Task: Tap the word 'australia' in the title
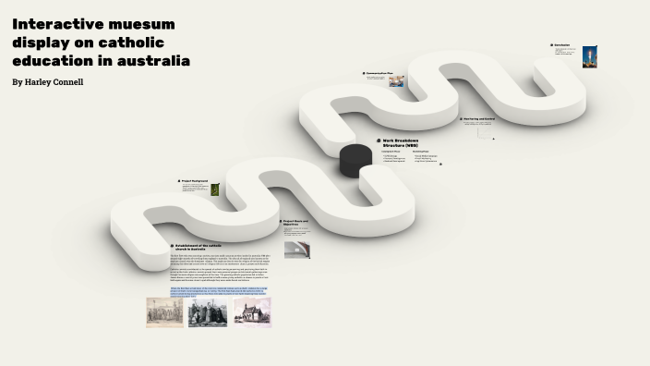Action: [x=149, y=61]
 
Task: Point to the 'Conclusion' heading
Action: [x=562, y=44]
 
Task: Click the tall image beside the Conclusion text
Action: [x=589, y=56]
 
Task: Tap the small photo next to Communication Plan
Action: [x=396, y=81]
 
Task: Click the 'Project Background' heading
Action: [x=195, y=180]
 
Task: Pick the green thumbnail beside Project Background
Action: [x=215, y=189]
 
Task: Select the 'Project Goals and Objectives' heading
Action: [x=296, y=223]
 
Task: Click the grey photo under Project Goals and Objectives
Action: [x=296, y=250]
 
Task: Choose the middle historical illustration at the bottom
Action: [x=208, y=312]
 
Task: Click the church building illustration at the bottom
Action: [x=252, y=311]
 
